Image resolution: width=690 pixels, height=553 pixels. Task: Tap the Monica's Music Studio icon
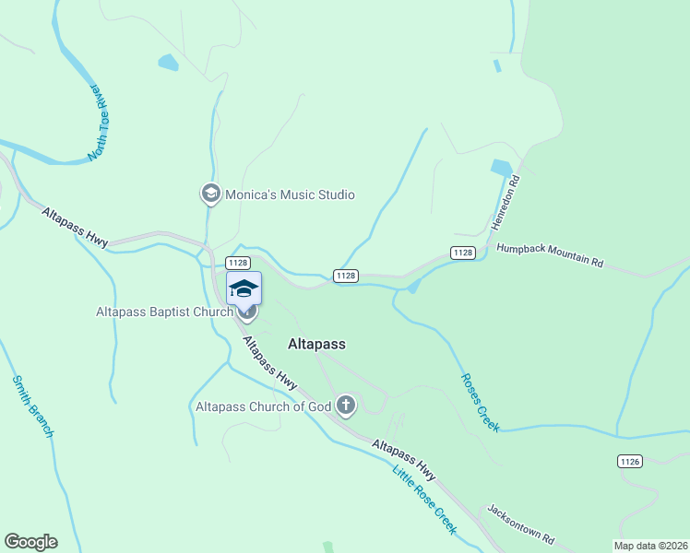pos(210,194)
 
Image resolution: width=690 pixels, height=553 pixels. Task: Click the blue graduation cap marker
pos(244,288)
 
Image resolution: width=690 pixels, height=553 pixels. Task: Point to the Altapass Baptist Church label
pos(164,312)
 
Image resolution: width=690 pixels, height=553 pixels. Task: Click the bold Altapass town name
pos(316,344)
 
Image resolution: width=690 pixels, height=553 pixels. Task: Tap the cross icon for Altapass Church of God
pos(346,404)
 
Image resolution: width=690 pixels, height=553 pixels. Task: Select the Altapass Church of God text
pos(263,406)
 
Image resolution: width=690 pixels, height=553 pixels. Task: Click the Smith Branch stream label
pos(33,406)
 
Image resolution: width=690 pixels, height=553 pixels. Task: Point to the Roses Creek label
pos(479,402)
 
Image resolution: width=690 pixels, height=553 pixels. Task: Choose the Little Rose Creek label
pos(424,500)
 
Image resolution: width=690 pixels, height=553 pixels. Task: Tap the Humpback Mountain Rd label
pos(550,255)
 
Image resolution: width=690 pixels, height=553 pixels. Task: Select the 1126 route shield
pos(630,460)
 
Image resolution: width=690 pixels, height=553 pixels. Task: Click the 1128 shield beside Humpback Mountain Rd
pos(463,253)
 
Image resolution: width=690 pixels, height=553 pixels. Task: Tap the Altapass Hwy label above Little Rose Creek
pos(404,459)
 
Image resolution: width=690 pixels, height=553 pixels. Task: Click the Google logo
pos(30,542)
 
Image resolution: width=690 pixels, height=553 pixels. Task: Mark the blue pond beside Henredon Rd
pos(501,168)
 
